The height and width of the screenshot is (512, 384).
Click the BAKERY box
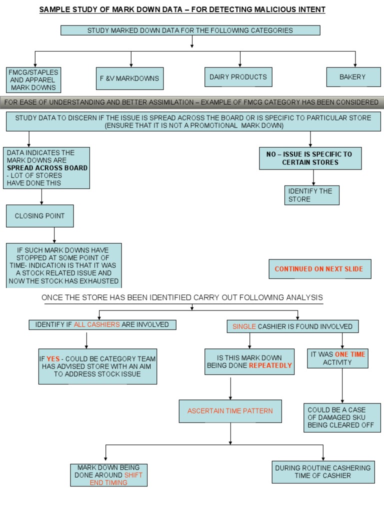tap(352, 77)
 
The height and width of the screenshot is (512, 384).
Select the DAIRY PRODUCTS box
tap(238, 77)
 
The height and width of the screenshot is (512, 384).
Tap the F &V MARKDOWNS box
tap(129, 78)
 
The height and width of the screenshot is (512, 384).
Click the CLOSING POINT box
tap(39, 216)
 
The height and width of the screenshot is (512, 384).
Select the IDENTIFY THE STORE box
tap(312, 195)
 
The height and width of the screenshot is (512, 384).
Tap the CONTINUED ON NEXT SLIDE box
tap(319, 269)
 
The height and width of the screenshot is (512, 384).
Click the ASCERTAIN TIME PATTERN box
tap(230, 411)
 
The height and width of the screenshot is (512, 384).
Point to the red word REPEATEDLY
tap(270, 365)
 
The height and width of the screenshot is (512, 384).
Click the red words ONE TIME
tap(350, 354)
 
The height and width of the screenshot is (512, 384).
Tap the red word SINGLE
tap(244, 326)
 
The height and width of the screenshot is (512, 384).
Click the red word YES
tap(53, 358)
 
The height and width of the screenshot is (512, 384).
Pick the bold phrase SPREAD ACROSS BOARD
tap(47, 168)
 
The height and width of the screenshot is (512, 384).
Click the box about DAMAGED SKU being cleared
tap(342, 417)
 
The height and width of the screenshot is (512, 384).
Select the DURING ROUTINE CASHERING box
tap(323, 471)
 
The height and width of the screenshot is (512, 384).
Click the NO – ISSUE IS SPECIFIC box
tap(309, 158)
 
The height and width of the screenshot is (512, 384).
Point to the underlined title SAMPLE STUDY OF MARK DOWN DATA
tap(182, 9)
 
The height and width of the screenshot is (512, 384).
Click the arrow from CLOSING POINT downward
tap(54, 235)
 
